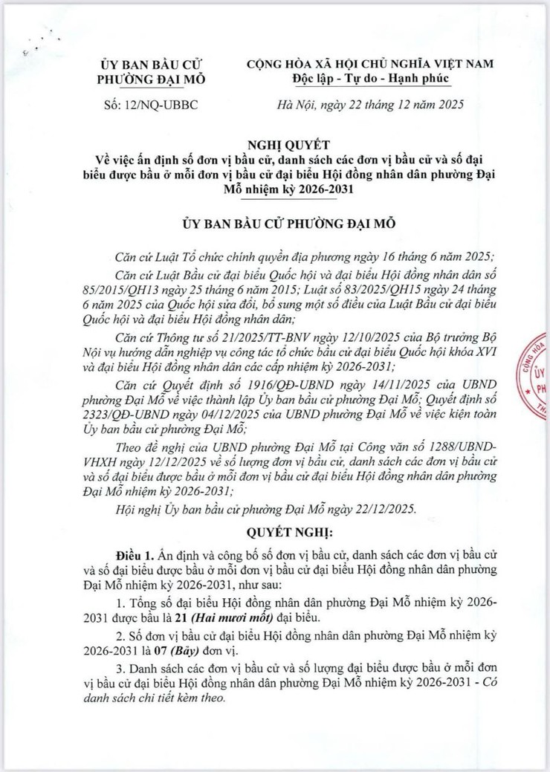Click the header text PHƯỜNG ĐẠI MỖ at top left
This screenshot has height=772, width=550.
pyautogui.click(x=155, y=79)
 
